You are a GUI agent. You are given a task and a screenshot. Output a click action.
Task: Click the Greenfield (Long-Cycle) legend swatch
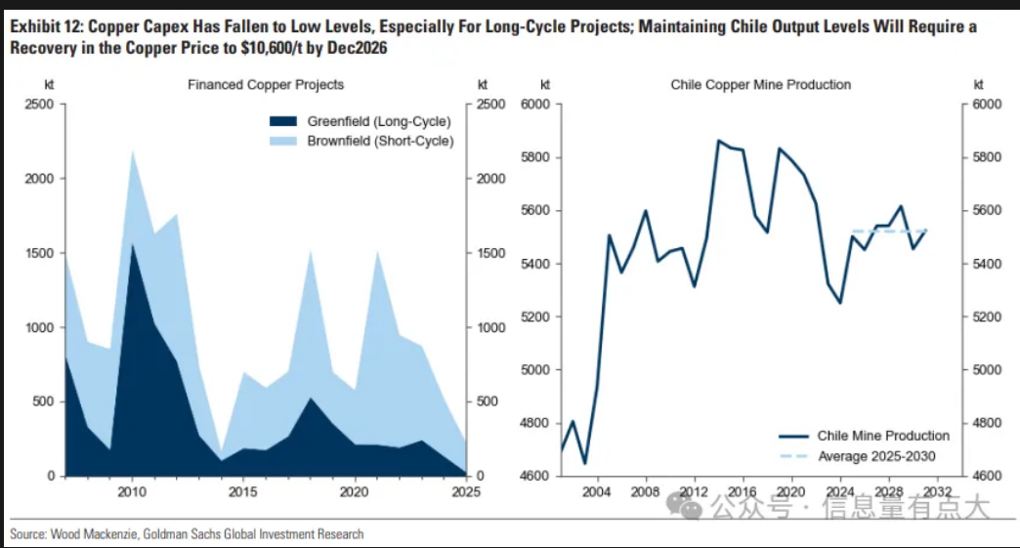[x=283, y=122]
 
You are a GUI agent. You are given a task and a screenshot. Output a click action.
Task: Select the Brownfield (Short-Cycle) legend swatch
[x=283, y=141]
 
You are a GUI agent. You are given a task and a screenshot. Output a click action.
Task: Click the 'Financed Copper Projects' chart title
[x=266, y=85]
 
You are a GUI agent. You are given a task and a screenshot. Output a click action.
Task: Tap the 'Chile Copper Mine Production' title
[x=761, y=85]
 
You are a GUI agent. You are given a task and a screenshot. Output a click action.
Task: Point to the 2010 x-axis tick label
[x=132, y=492]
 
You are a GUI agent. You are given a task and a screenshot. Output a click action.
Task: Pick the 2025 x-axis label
[x=466, y=492]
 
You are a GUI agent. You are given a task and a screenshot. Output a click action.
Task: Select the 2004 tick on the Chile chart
[x=597, y=492]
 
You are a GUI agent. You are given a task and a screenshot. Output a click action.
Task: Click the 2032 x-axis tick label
[x=937, y=492]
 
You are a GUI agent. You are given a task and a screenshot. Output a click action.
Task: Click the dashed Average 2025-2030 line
[x=889, y=232]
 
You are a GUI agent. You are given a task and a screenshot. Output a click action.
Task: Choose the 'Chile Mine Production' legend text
[x=883, y=436]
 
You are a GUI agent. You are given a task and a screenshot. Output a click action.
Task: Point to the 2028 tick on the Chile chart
[x=888, y=492]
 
